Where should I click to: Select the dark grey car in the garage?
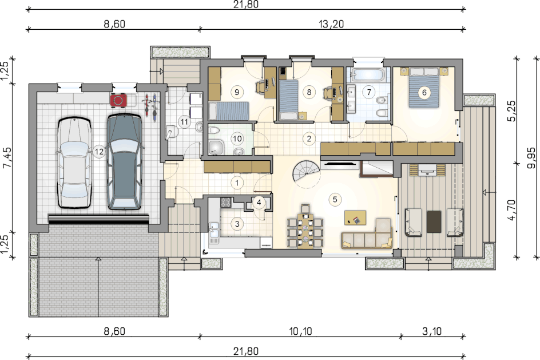pos(124,161)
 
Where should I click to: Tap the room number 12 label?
pos(99,152)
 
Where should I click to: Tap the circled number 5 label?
pos(335,199)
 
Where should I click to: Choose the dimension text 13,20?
pos(331,24)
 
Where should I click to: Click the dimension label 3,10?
pos(432,331)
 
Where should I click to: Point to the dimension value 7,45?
pos(7,157)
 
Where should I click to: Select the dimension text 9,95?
pos(531,157)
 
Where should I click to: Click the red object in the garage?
pos(118,100)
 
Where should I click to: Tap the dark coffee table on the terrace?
pos(434,221)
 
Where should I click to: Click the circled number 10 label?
pos(237,139)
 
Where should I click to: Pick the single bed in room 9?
pos(229,111)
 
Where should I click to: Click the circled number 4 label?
pos(259,203)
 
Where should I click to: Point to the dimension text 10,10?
pos(300,331)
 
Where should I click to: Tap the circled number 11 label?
pos(185,121)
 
